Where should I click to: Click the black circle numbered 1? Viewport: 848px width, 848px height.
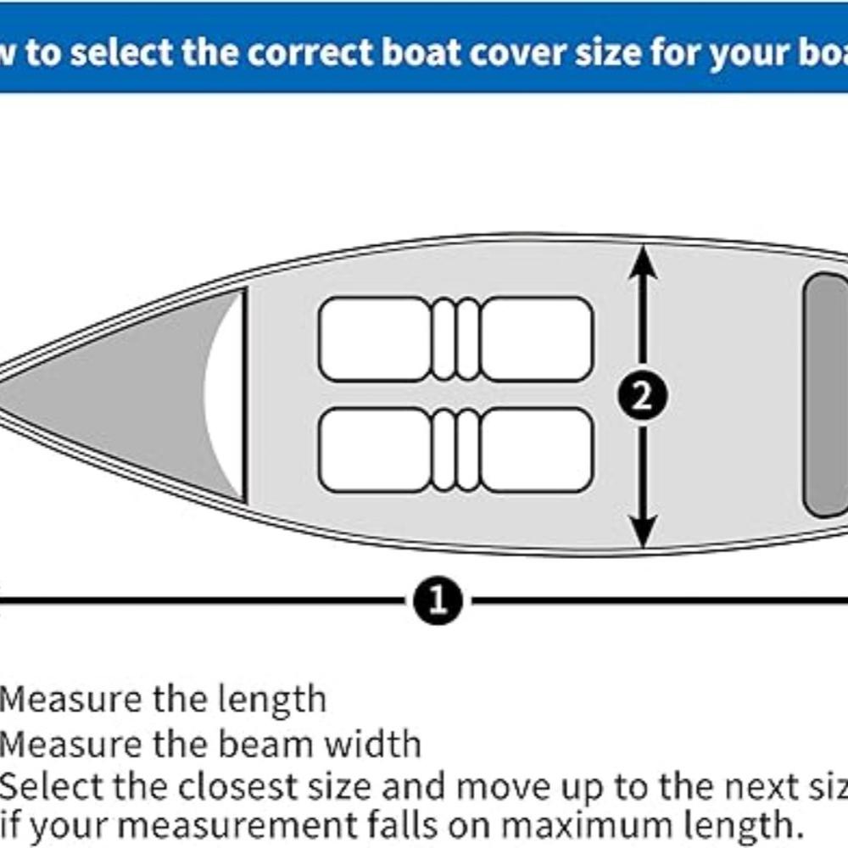[x=438, y=600]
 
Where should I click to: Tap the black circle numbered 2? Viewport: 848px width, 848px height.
[x=642, y=396]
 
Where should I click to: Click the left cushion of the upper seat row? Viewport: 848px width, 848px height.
[x=374, y=338]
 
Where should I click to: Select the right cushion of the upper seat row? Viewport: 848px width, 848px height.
[x=537, y=338]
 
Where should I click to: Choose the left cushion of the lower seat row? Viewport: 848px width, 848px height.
[x=374, y=449]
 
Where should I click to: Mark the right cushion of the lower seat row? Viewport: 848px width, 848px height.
[x=537, y=449]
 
